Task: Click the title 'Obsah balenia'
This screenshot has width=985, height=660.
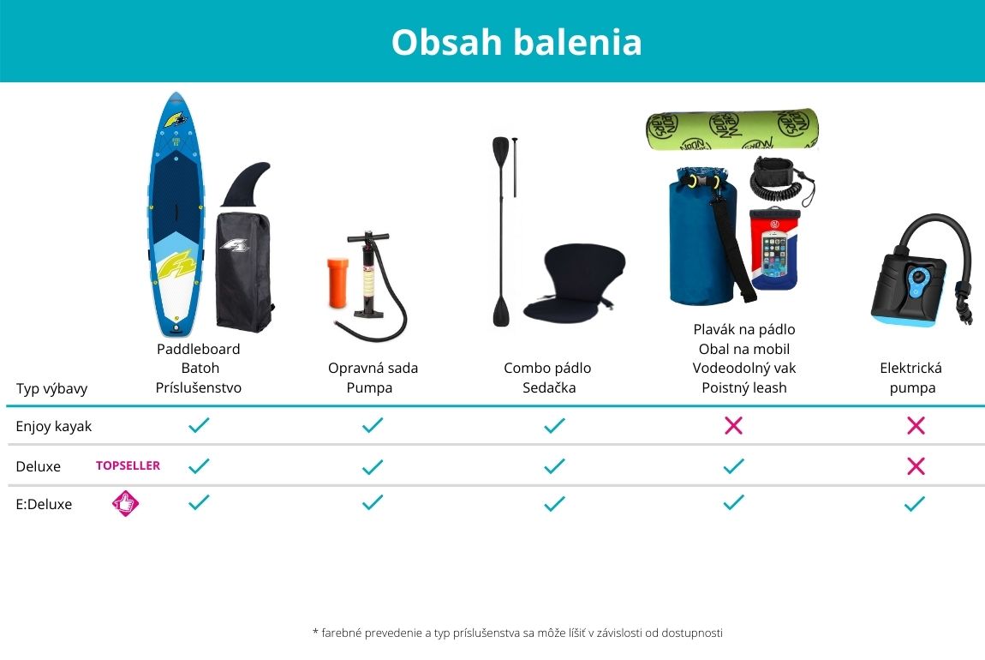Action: click(x=516, y=42)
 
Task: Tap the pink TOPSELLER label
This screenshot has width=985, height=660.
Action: click(x=128, y=465)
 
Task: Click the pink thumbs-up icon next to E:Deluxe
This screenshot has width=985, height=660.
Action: click(x=126, y=503)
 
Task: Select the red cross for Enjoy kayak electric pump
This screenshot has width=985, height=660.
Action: click(x=916, y=425)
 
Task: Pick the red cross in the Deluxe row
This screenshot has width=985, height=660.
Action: click(x=916, y=465)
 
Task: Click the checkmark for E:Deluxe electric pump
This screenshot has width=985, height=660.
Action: click(x=915, y=503)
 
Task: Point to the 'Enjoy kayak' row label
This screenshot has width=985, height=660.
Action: click(x=53, y=427)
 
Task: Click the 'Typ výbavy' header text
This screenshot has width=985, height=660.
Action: click(x=51, y=388)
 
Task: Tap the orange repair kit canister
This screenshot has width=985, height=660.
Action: click(x=337, y=283)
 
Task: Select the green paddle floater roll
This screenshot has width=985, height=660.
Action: click(x=732, y=129)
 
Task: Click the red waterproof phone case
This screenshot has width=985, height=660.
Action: click(x=774, y=249)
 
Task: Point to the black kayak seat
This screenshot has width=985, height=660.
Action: click(x=574, y=283)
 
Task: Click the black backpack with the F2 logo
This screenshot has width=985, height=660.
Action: click(x=244, y=272)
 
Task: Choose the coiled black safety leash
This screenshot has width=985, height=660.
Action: click(x=781, y=180)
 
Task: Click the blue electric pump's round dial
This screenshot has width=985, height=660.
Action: click(x=918, y=277)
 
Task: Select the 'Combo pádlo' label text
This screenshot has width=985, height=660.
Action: click(x=547, y=369)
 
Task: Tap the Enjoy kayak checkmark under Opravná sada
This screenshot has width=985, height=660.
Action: click(x=373, y=425)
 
